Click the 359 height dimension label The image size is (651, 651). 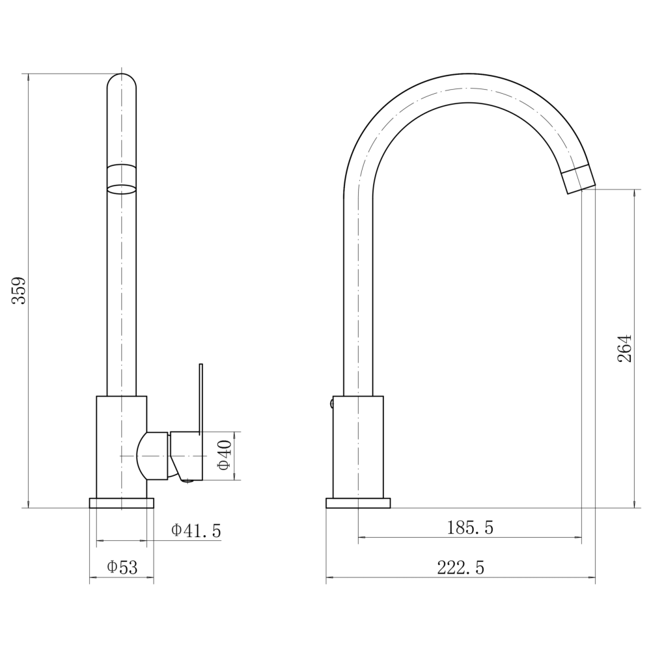pos(19,290)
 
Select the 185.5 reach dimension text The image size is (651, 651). pos(470,528)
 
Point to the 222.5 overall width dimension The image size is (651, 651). pos(461,568)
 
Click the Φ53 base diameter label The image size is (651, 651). pos(122,567)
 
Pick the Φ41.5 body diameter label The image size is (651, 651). pos(196,530)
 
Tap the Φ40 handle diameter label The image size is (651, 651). pos(224,456)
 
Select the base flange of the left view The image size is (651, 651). pos(121,503)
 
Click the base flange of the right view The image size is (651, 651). pos(358,503)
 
